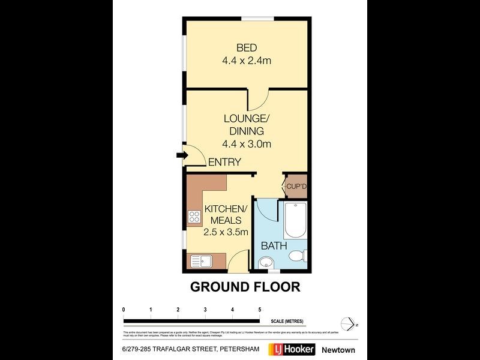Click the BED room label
(247, 48)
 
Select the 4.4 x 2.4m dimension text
(247, 61)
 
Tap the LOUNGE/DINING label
(247, 125)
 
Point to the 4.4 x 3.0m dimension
(247, 143)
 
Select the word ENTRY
(224, 162)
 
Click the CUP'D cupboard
(296, 187)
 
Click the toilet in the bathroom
(296, 257)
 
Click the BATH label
(274, 246)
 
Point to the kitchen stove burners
(194, 216)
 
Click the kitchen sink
(199, 261)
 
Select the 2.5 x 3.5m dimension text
(226, 233)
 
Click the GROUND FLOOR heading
(245, 287)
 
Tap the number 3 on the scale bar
(205, 309)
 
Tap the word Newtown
(338, 350)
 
